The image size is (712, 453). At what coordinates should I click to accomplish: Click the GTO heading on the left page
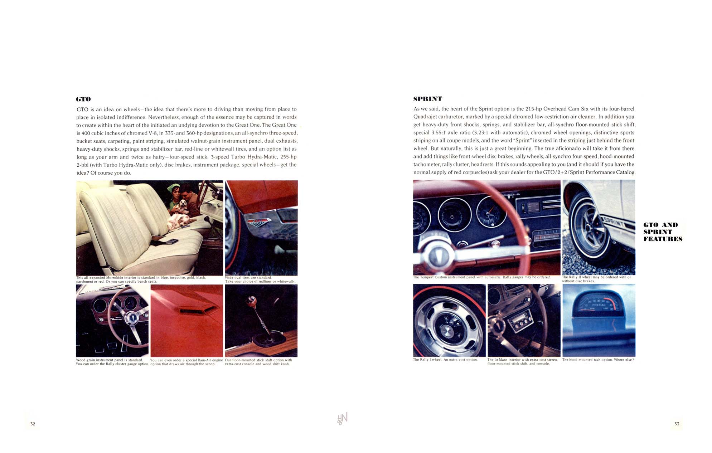click(x=83, y=99)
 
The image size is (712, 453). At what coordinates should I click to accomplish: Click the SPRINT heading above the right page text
click(x=428, y=98)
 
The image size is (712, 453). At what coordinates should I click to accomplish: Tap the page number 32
click(x=33, y=424)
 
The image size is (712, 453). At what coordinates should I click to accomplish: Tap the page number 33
click(x=677, y=424)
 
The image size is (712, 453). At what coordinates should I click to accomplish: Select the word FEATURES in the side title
click(x=663, y=239)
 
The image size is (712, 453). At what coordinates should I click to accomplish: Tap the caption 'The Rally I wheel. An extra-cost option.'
click(x=445, y=360)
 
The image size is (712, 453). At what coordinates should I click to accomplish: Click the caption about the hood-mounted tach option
click(x=598, y=360)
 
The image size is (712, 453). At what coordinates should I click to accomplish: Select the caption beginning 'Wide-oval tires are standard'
click(x=260, y=279)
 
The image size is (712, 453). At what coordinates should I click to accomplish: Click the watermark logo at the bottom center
click(x=342, y=418)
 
